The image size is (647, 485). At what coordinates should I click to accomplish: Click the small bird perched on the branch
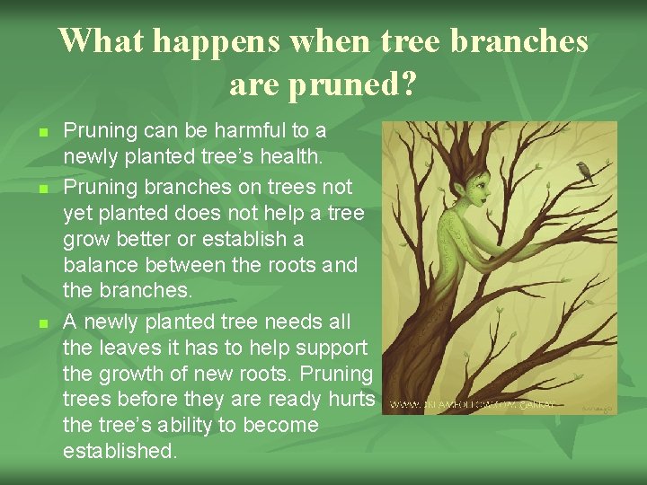pos(587,170)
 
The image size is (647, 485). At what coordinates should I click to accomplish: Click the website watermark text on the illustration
pos(473,406)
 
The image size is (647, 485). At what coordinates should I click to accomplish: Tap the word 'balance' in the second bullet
pos(98,266)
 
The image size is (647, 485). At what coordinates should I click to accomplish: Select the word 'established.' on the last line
pos(120,451)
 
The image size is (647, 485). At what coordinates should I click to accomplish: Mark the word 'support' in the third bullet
pos(331,348)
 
